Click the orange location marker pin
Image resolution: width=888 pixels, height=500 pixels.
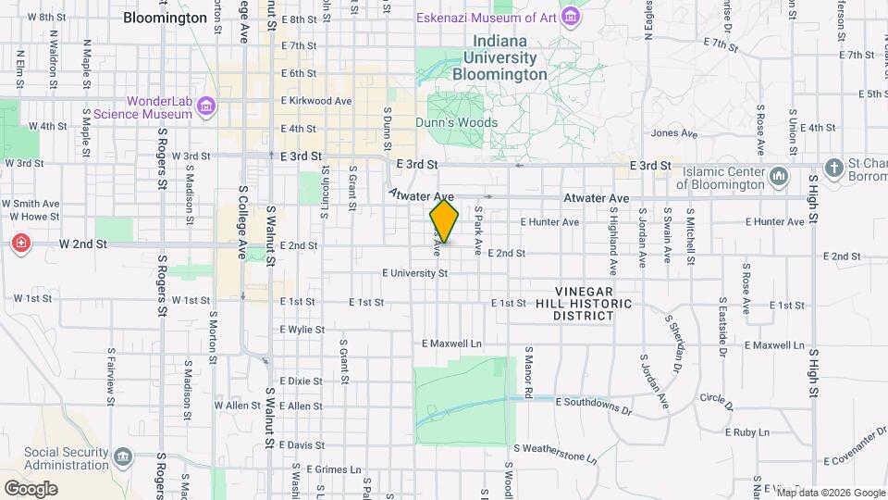click(x=444, y=222)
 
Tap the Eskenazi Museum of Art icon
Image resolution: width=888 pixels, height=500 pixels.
click(x=572, y=17)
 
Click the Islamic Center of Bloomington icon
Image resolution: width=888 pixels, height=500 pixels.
click(x=778, y=175)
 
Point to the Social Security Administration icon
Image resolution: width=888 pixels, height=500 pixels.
click(x=122, y=457)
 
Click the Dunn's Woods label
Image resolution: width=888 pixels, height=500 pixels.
click(x=455, y=122)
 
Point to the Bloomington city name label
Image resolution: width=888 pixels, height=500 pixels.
click(x=165, y=18)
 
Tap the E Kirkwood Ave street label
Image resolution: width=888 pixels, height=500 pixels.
click(x=316, y=101)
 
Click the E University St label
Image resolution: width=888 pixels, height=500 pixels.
click(x=415, y=273)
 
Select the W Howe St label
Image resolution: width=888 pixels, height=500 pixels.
click(x=32, y=217)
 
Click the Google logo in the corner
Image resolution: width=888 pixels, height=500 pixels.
click(x=31, y=488)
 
